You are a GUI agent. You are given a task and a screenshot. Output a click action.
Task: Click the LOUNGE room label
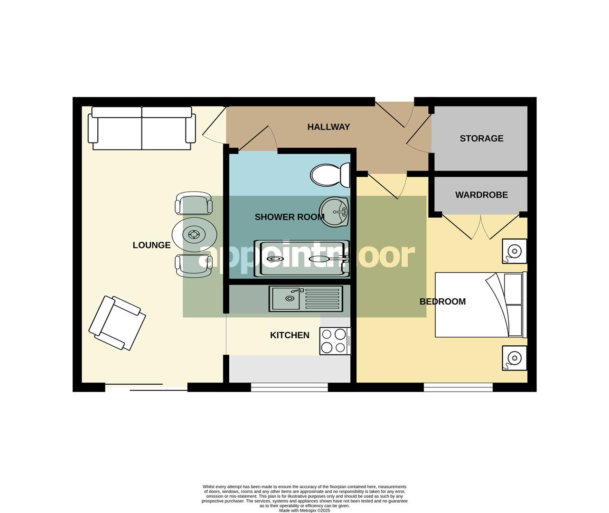[x=151, y=245]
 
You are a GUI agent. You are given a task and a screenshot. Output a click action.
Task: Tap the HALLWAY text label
[x=328, y=127]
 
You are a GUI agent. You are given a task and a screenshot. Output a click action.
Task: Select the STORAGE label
[x=481, y=138]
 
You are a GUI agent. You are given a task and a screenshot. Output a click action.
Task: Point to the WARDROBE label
[x=481, y=195]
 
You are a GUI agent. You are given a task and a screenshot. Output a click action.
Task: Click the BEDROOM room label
[x=442, y=301]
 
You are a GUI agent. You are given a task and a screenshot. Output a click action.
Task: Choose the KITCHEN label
[x=290, y=335]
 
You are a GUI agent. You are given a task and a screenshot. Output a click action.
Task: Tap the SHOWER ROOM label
[x=290, y=217]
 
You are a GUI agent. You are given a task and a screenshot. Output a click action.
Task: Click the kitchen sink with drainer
[x=306, y=299]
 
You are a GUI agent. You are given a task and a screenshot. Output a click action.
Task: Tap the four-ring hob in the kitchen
[x=335, y=341]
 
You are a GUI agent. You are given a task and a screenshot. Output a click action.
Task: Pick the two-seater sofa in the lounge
[x=141, y=128]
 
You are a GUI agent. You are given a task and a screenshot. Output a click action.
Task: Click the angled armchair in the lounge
[x=117, y=323]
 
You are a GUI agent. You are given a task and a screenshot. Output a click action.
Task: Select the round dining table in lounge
[x=194, y=234]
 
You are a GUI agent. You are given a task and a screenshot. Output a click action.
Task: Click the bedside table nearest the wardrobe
[x=515, y=251]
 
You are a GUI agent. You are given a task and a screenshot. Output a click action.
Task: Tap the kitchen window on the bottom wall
[x=289, y=388]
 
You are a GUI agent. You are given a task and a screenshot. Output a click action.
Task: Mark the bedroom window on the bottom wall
[x=458, y=388]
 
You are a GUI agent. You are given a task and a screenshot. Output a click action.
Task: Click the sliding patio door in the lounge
[x=146, y=387]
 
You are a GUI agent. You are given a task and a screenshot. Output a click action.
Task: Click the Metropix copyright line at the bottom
[x=304, y=511]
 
